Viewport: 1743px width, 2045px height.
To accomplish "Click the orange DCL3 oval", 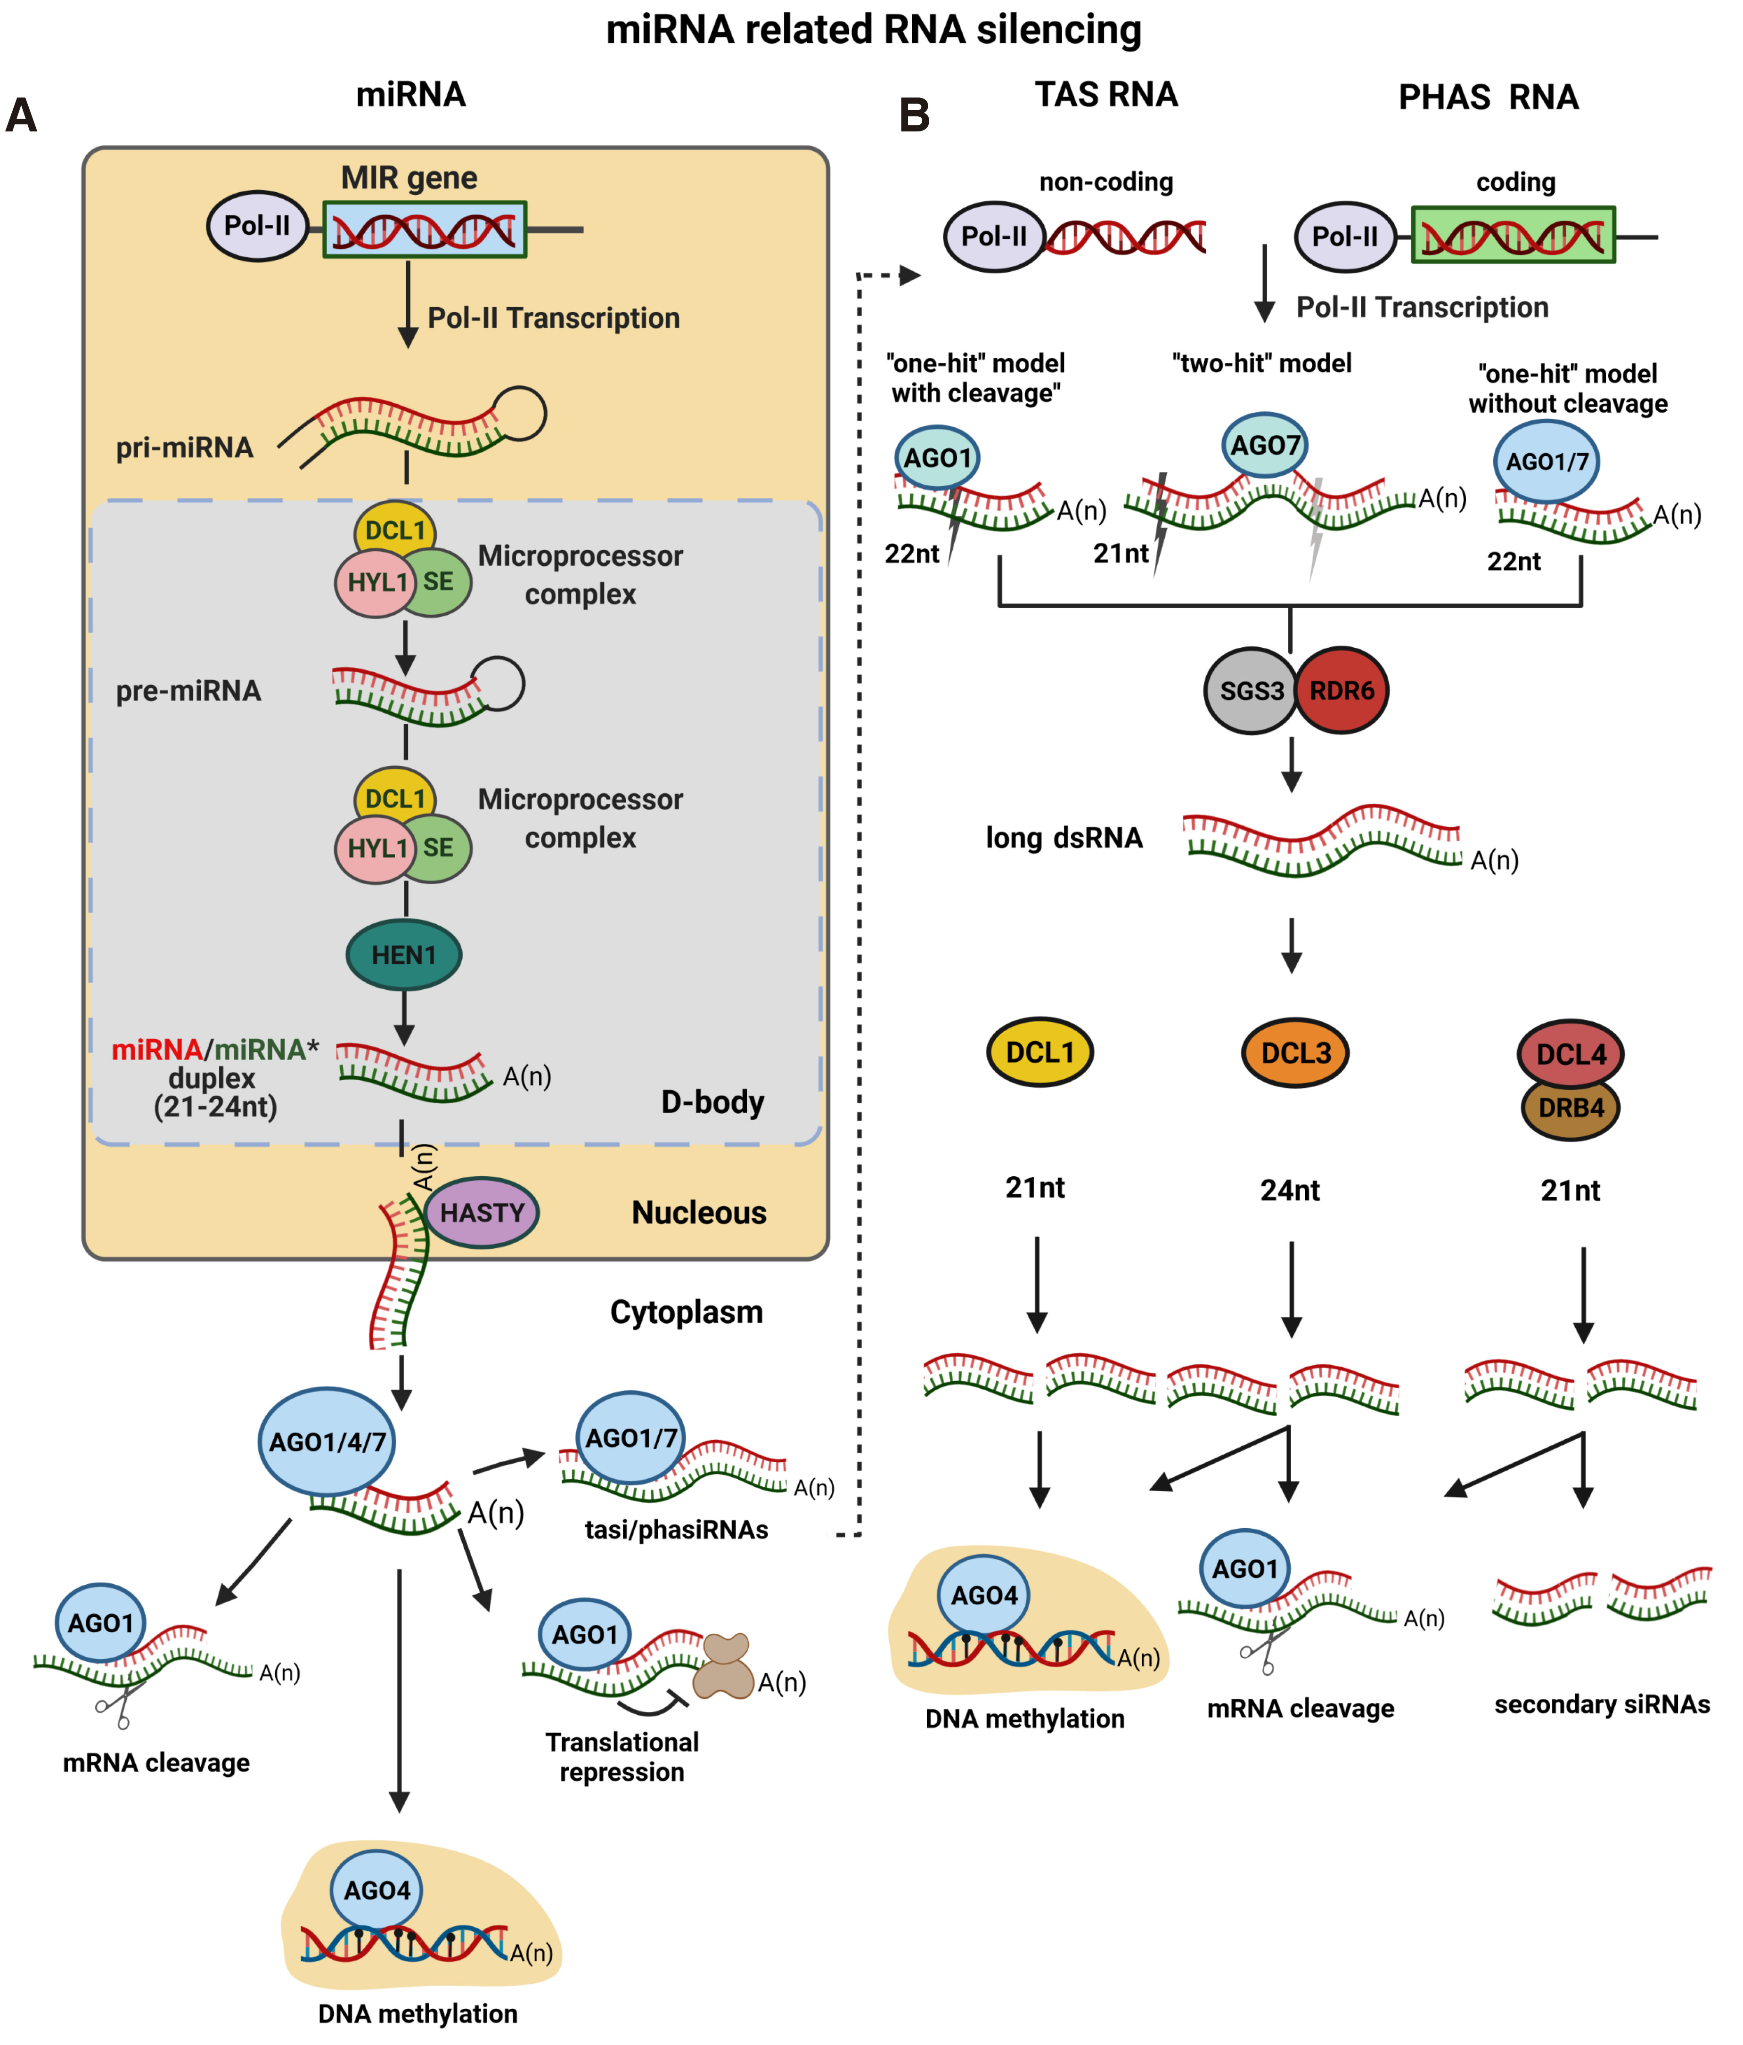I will pos(1295,1053).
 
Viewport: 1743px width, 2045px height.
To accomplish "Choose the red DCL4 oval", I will pos(1570,1053).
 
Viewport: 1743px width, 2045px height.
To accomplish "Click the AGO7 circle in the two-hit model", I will pos(1264,445).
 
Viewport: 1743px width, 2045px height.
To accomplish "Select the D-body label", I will pos(712,1101).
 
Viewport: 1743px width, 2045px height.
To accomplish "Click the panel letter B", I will pos(914,115).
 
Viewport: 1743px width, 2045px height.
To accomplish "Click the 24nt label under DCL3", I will pos(1290,1190).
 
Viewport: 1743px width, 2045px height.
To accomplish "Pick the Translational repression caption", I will pos(622,1757).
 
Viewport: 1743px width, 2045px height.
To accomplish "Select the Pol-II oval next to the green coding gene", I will pos(1344,237).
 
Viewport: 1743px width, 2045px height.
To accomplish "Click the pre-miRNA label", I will pos(188,691).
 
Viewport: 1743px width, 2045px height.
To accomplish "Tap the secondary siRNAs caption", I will pos(1601,1704).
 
